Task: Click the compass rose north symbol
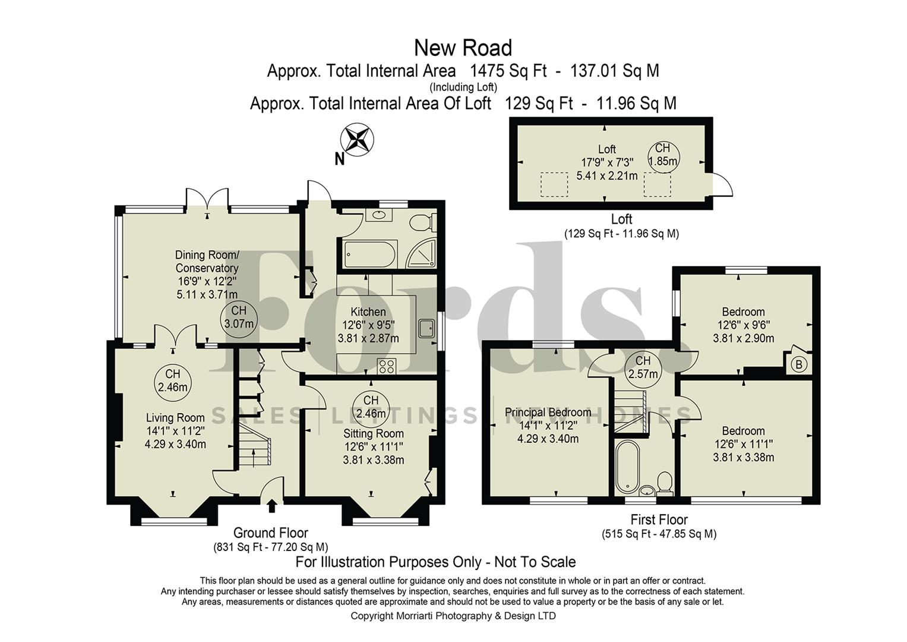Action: click(x=357, y=140)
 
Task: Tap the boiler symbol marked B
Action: click(x=799, y=364)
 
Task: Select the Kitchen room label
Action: click(x=368, y=311)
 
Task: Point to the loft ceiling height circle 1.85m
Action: click(x=662, y=155)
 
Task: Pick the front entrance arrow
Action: click(x=272, y=506)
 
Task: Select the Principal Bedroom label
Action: click(x=548, y=412)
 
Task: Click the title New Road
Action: click(x=463, y=48)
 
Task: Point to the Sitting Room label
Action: click(x=373, y=433)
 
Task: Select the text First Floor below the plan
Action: click(x=659, y=520)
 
